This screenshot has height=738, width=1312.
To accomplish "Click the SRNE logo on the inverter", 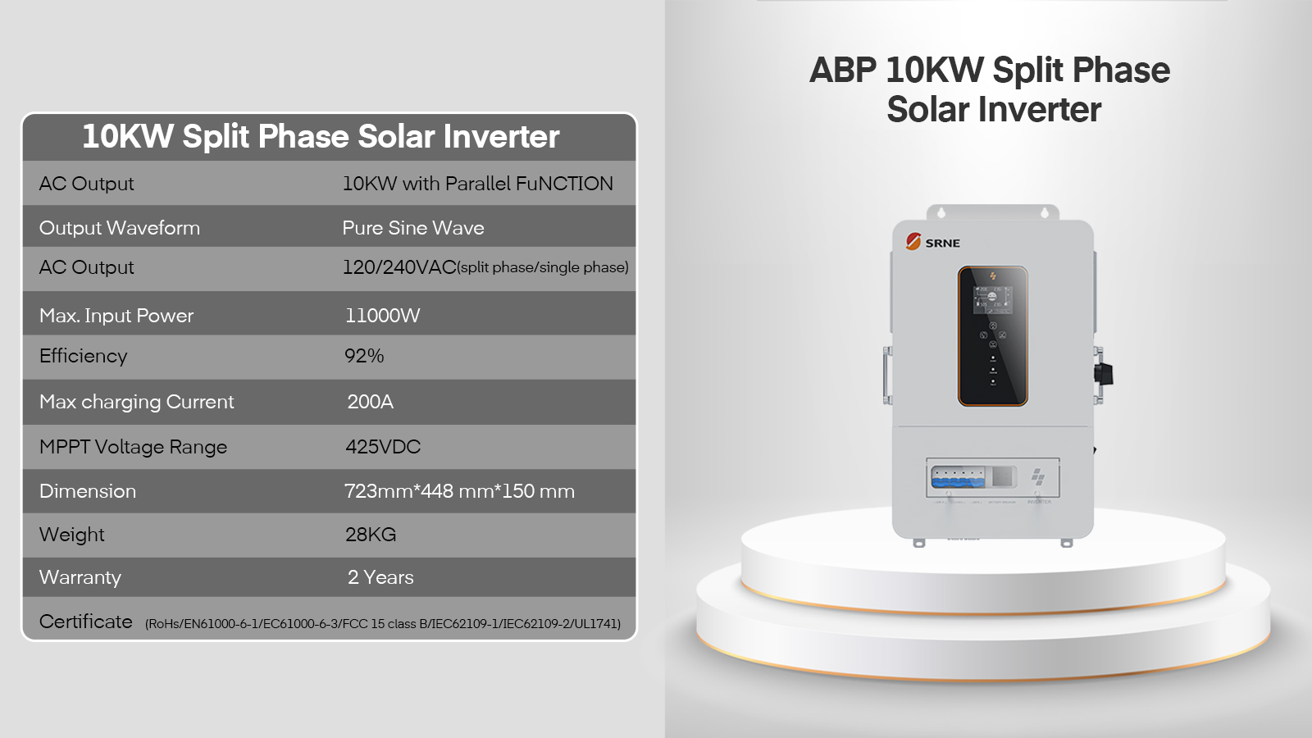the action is pos(932,242).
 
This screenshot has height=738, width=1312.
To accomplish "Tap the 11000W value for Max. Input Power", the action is pos(382,316).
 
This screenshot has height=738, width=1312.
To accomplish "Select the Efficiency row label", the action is pos(83,356).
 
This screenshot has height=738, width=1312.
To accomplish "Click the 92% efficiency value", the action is pos(364,356).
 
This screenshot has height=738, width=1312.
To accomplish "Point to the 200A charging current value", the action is pos(370,402).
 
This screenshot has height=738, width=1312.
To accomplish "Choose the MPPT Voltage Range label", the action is pos(133,447).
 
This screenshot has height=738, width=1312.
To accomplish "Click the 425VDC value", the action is pos(383,447).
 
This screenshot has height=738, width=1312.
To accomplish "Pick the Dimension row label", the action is pos(88,491).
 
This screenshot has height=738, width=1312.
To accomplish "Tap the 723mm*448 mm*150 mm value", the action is pos(459,491).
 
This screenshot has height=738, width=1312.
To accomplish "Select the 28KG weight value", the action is pos(371,535).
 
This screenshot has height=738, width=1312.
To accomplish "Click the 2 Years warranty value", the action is pos(380,577).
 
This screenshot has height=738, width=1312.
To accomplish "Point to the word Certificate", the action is pos(85,622).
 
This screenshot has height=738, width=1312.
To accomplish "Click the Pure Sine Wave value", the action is pos(413,228).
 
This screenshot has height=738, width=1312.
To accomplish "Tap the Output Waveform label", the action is pos(120,228).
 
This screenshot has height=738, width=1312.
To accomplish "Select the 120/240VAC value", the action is pos(399,267).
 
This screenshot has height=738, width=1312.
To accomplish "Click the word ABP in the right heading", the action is pos(843,71).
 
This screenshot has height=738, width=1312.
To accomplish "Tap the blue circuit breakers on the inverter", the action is pos(959,477).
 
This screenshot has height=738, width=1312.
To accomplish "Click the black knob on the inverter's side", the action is pos(1104,374).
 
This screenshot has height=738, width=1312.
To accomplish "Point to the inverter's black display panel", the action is pos(993,336).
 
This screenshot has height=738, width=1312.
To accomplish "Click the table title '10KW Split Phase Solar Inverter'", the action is pos(321,136).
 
